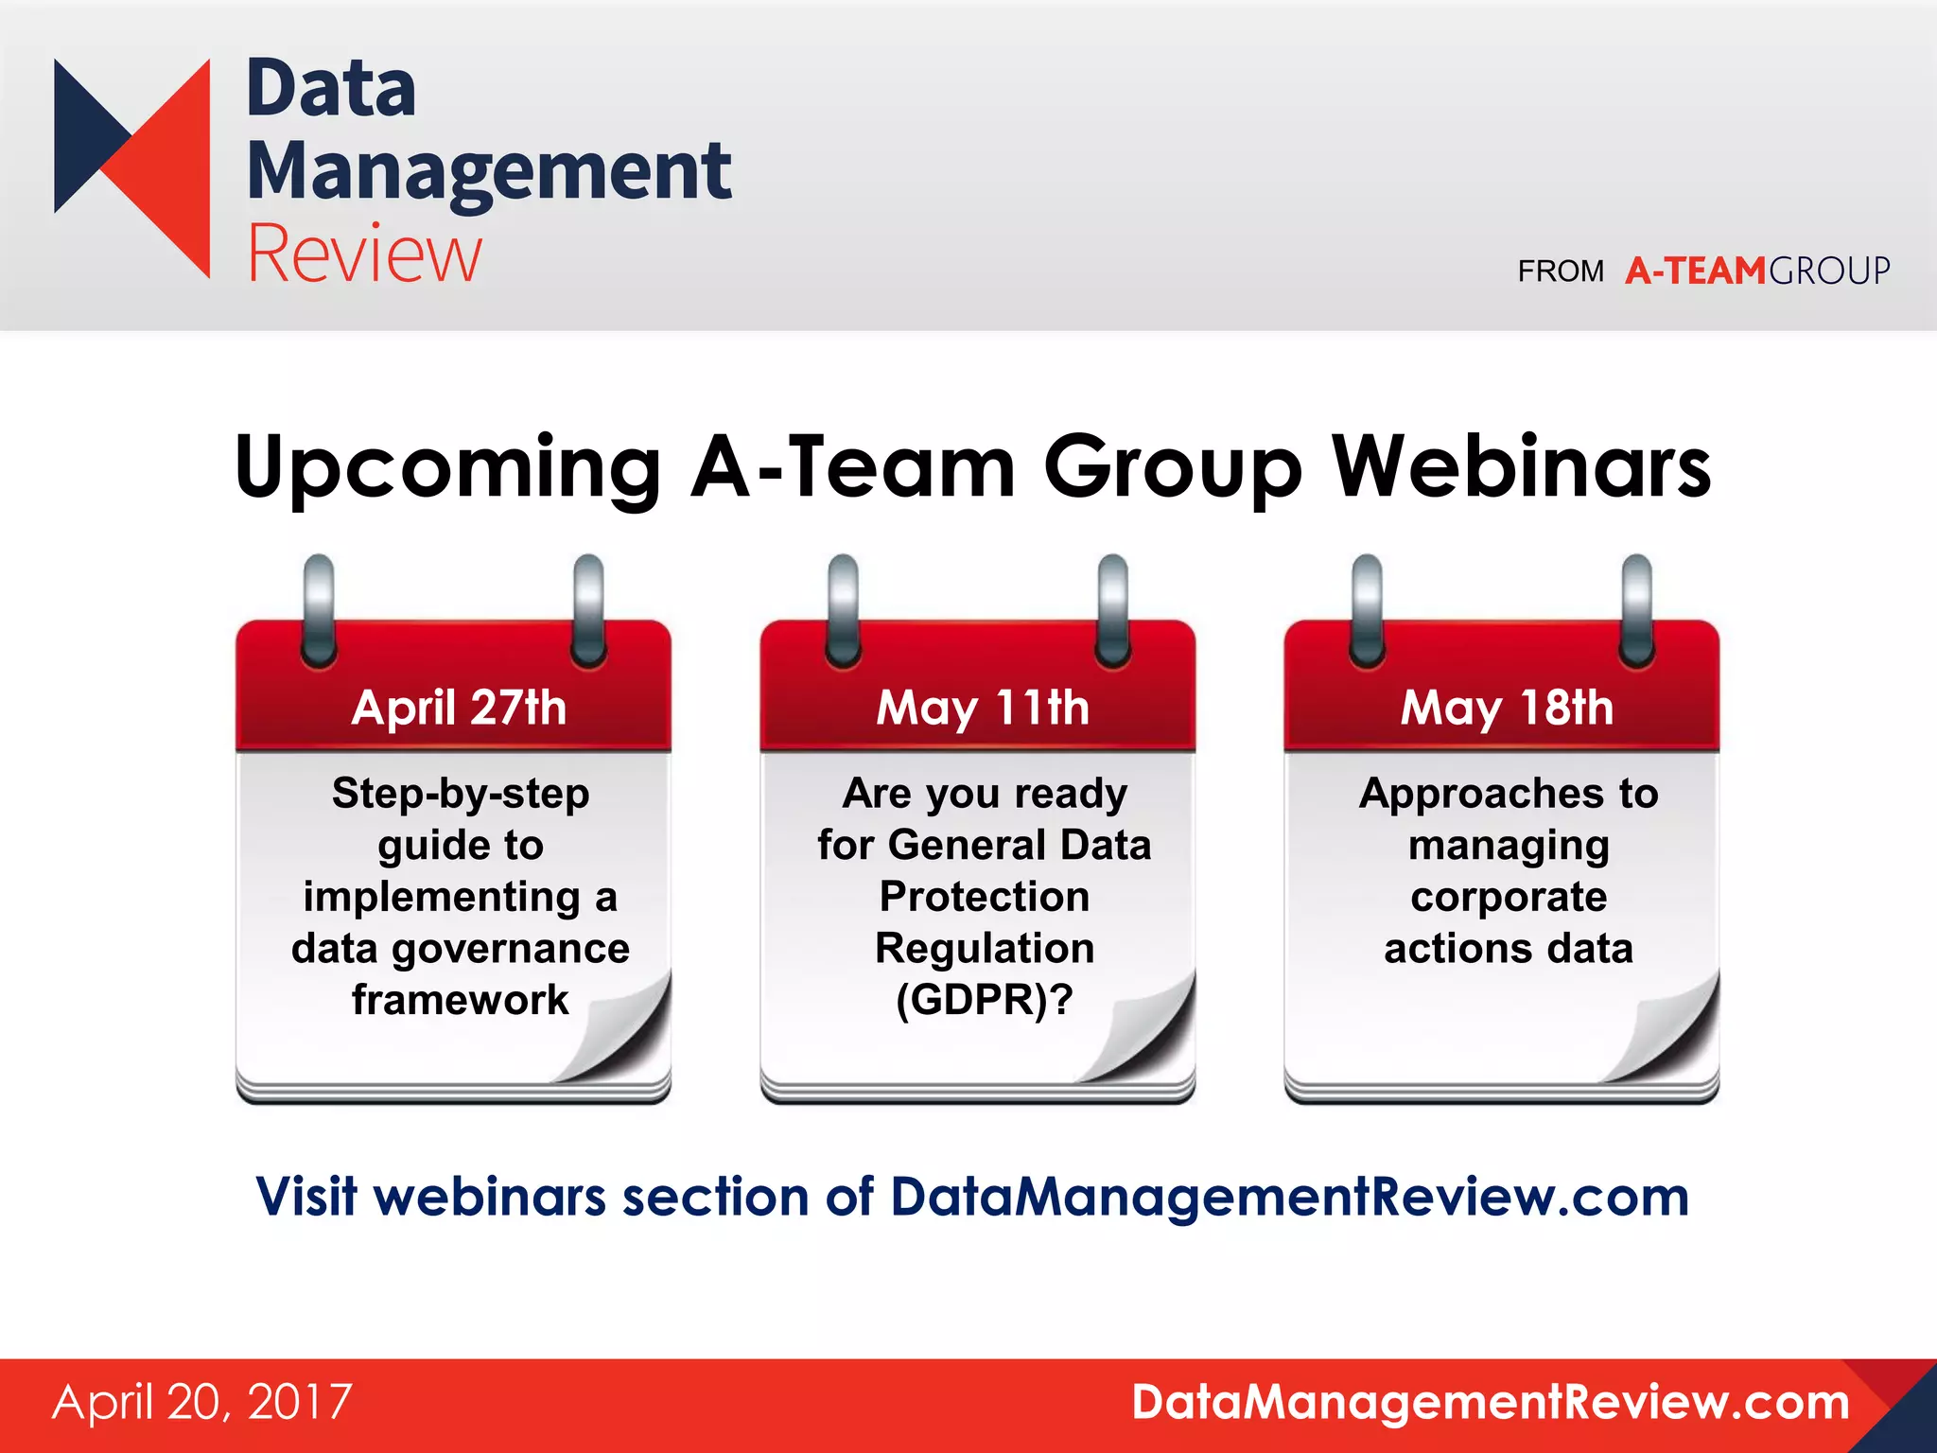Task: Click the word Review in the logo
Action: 364,254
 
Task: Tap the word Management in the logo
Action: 488,172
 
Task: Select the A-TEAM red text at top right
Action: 1695,271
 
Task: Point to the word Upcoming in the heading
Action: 446,469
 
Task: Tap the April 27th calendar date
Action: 459,708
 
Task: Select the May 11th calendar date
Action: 983,708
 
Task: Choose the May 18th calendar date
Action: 1507,708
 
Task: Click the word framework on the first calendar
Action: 461,1000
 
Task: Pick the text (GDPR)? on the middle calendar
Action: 984,1000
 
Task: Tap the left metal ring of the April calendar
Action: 319,610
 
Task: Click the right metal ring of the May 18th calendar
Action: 1636,610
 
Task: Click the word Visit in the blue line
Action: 306,1197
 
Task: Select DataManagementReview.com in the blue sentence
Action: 1289,1197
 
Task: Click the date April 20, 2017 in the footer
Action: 202,1402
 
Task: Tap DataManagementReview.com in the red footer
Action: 1490,1402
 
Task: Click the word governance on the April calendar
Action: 510,949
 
